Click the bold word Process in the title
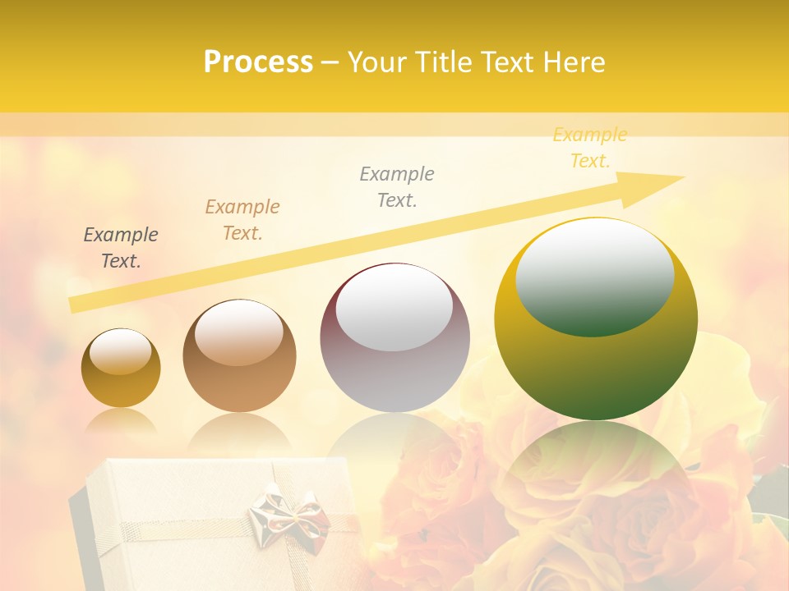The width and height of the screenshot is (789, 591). click(258, 62)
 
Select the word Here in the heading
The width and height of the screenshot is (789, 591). click(574, 62)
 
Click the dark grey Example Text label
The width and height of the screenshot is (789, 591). click(121, 248)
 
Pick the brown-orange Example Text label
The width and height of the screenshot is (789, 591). click(242, 219)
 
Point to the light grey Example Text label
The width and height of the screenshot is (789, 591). click(397, 186)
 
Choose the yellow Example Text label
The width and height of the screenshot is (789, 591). click(590, 148)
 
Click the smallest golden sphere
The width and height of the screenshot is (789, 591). click(121, 386)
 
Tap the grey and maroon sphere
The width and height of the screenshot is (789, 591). click(394, 378)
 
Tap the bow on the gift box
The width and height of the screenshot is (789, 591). click(288, 513)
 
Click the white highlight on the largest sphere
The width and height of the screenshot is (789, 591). click(595, 277)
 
